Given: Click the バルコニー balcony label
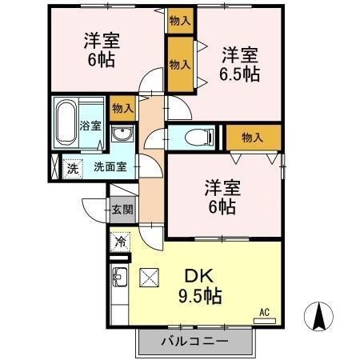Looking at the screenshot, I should pyautogui.click(x=196, y=341).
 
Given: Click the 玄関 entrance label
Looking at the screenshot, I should pyautogui.click(x=122, y=210).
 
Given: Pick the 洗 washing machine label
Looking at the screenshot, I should pyautogui.click(x=72, y=168).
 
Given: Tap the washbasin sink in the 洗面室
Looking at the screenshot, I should pyautogui.click(x=122, y=134).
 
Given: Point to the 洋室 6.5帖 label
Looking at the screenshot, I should pyautogui.click(x=239, y=64).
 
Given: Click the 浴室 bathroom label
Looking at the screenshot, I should pyautogui.click(x=90, y=126).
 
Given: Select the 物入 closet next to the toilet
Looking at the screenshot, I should pyautogui.click(x=253, y=138).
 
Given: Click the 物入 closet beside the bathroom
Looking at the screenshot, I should pyautogui.click(x=122, y=107).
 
